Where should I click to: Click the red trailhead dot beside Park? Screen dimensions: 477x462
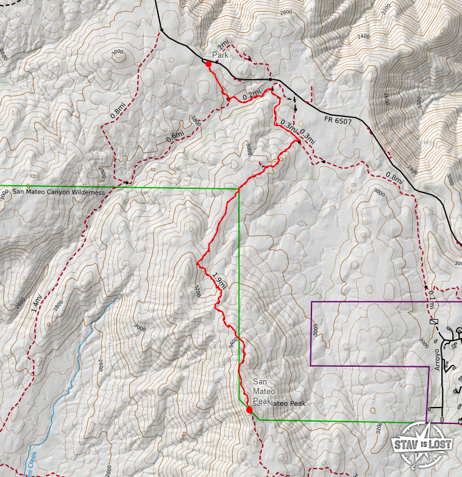(x=209, y=63)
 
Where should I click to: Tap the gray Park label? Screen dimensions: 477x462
(x=219, y=55)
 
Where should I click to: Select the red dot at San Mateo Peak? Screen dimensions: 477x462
(x=249, y=410)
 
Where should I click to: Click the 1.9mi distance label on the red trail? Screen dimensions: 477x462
(x=219, y=281)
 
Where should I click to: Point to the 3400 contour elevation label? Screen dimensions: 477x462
(x=232, y=343)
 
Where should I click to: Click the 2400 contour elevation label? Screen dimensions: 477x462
(x=364, y=36)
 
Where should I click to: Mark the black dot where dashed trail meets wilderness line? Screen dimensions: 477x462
(x=126, y=182)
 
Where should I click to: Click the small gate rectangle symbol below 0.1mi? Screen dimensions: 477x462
(x=434, y=322)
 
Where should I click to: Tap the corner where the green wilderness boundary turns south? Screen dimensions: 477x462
(x=238, y=189)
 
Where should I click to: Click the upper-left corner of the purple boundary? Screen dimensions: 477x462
(x=311, y=302)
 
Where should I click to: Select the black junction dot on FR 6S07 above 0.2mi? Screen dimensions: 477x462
(x=270, y=80)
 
